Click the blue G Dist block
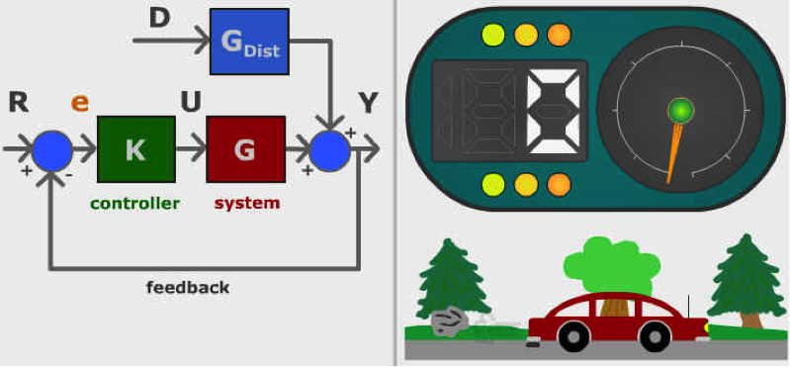[249, 42]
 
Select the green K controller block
[135, 149]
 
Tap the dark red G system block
[245, 149]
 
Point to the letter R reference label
[18, 101]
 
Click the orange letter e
[81, 102]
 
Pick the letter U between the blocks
[191, 101]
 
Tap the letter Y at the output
[368, 102]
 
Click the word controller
[135, 204]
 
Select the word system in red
[247, 204]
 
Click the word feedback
[188, 288]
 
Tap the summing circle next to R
[51, 150]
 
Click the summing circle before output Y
[329, 150]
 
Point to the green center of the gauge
[680, 110]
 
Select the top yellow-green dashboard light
[492, 35]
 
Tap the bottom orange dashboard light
[559, 184]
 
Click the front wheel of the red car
[655, 336]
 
